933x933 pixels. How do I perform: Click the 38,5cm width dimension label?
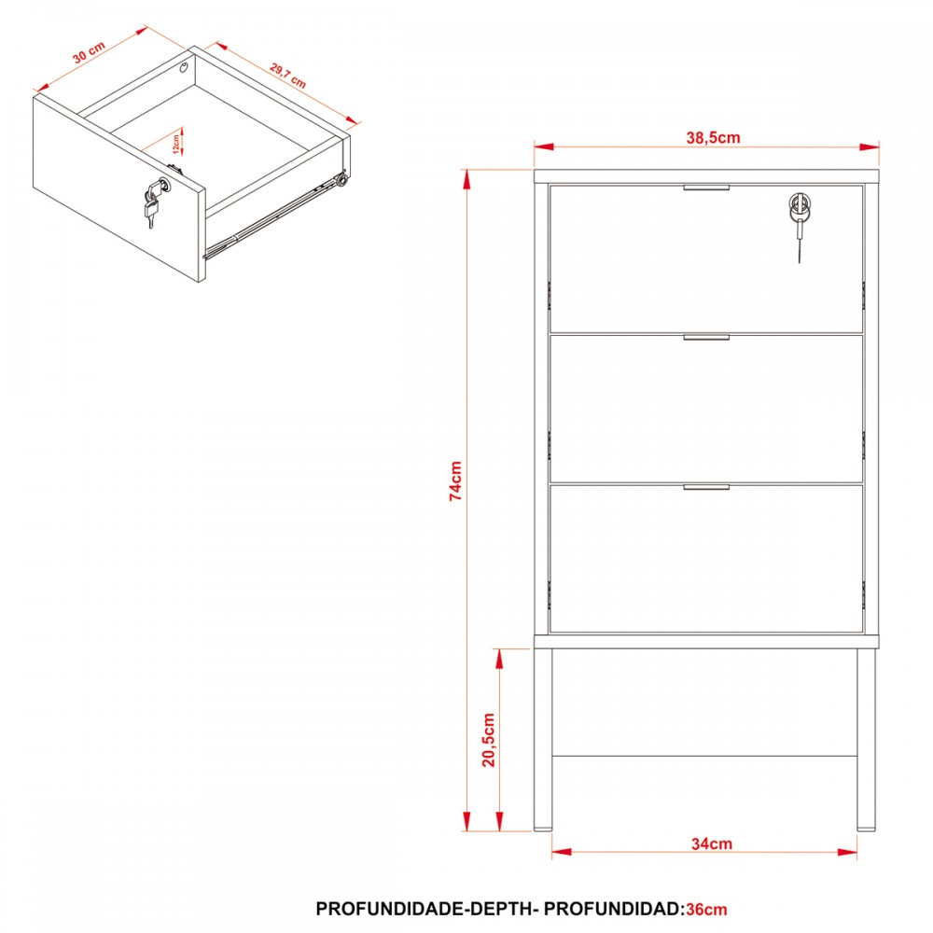[x=713, y=138]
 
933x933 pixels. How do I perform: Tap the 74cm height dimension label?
[x=456, y=480]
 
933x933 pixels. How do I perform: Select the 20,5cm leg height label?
[x=489, y=740]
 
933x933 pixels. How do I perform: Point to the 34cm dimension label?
[x=712, y=843]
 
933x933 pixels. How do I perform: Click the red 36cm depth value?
[x=706, y=909]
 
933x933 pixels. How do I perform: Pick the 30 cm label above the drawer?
[x=90, y=52]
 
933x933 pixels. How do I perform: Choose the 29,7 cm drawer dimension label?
[x=288, y=76]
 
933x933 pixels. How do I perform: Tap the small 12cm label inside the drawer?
[x=176, y=144]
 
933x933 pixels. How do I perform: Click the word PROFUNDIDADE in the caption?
[x=389, y=909]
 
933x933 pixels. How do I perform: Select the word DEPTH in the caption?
[x=498, y=909]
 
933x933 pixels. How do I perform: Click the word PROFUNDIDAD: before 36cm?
[x=614, y=909]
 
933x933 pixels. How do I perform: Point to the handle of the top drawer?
[x=706, y=188]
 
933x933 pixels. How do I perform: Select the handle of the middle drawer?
[x=706, y=338]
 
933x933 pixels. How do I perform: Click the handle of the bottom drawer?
[x=706, y=487]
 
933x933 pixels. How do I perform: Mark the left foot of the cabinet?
[x=543, y=828]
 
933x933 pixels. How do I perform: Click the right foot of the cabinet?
[x=866, y=828]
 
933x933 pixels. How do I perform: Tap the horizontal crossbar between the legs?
[x=704, y=757]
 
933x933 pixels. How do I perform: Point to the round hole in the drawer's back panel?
[x=184, y=67]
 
